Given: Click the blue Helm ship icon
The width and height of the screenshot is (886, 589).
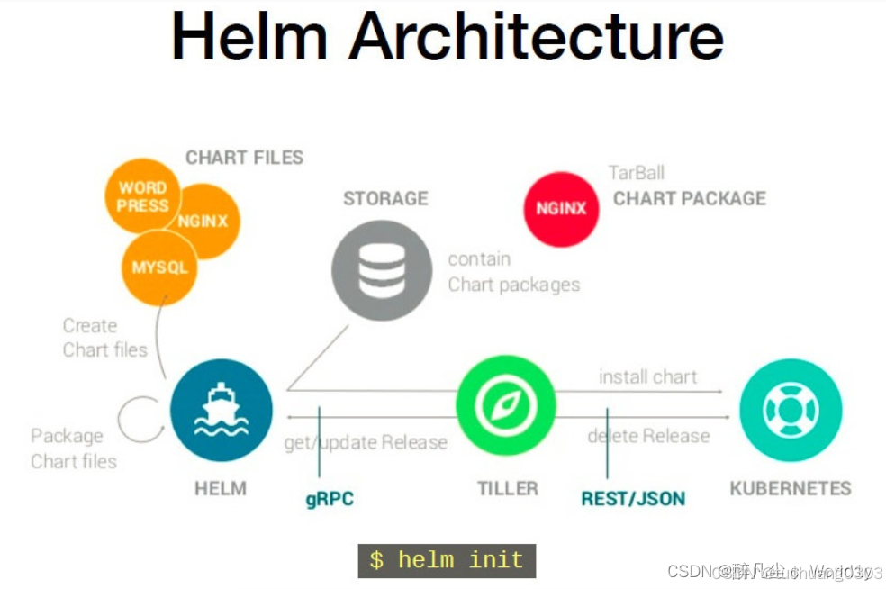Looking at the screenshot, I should (x=221, y=410).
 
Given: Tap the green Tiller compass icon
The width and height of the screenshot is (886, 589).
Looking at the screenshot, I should (x=506, y=406).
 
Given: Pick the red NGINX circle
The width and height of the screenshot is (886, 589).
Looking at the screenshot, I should (x=561, y=208).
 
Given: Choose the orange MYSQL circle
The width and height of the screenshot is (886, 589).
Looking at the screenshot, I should (x=159, y=267).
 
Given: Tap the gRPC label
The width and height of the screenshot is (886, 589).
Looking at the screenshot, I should (x=330, y=498).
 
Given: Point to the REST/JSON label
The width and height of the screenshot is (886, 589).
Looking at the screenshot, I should (x=633, y=498).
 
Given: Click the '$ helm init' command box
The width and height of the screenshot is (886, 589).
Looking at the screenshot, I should (x=447, y=560).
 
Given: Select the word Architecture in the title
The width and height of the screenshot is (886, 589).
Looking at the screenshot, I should (x=537, y=39).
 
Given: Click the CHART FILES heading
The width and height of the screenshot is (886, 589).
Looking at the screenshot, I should (x=244, y=158).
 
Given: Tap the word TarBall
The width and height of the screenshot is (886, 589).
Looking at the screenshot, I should (x=636, y=173).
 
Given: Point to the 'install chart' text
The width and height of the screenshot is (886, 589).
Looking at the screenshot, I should (x=648, y=376).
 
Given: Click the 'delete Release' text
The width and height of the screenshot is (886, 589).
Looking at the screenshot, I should (x=648, y=436).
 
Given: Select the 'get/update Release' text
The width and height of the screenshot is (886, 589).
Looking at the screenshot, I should (x=366, y=442).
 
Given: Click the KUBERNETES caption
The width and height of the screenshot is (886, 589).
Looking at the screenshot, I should (x=790, y=488).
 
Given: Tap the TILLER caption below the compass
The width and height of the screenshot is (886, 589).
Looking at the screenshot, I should (x=507, y=488).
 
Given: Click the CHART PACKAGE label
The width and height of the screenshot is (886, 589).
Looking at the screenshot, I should (x=690, y=198).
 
